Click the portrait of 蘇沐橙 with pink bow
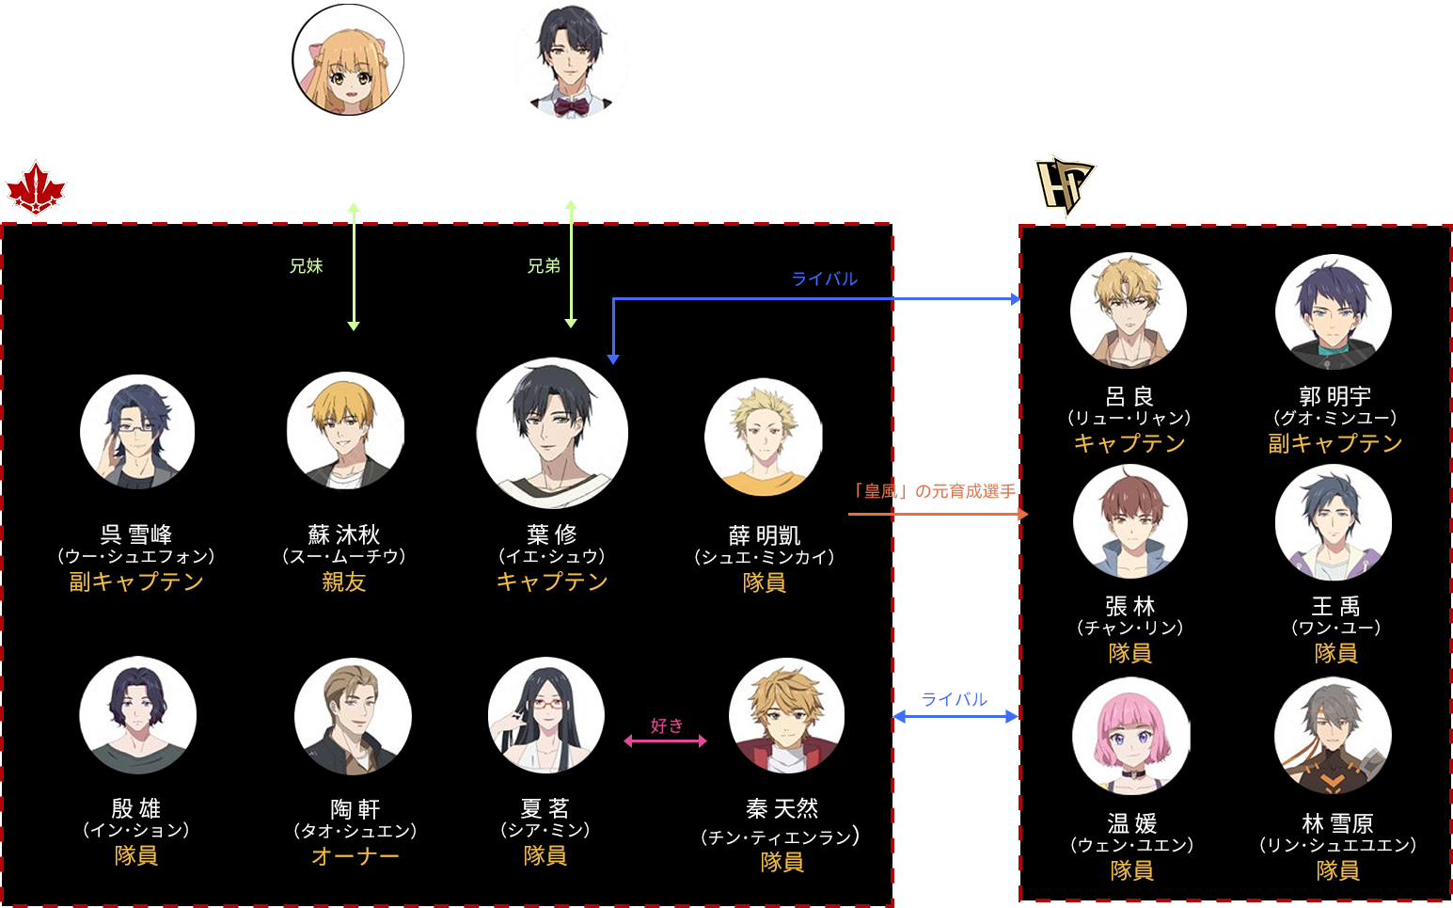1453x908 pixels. point(348,59)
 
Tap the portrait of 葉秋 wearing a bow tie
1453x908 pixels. point(571,60)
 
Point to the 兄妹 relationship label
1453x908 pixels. point(306,266)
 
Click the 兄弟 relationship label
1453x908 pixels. point(544,266)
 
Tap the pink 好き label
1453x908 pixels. point(667,725)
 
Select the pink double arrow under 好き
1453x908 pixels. point(665,741)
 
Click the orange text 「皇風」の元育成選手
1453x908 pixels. point(933,491)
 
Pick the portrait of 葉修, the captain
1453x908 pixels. point(552,433)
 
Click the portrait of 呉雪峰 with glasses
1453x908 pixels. point(137,432)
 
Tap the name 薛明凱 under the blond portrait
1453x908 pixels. point(765,535)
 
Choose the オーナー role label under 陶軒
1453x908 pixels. point(355,856)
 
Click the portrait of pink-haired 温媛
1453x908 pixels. point(1130,736)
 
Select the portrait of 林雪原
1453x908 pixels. point(1333,736)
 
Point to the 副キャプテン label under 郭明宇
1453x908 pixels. point(1335,443)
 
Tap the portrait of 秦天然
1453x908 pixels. point(786,715)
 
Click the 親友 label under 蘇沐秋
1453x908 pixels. point(343,582)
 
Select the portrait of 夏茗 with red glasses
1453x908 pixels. point(545,715)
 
